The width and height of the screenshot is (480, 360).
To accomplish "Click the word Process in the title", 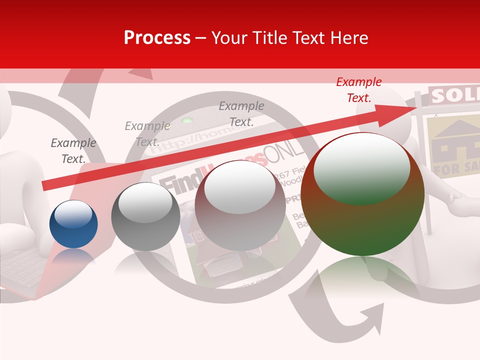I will pos(157,38).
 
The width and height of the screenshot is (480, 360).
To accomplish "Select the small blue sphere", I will pos(73,224).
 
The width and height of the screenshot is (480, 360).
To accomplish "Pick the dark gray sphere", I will pos(145,216).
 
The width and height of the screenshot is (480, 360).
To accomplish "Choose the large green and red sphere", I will pos(362,194).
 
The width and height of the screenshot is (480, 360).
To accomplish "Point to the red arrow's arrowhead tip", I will pos(415,108).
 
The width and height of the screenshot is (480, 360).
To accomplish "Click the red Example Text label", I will pos(359,90).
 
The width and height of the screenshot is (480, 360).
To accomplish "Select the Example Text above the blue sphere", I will pos(73,151).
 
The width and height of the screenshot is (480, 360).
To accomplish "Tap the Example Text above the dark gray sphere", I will pos(147,134).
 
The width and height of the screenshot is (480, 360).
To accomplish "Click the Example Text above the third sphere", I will pos(241,113).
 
